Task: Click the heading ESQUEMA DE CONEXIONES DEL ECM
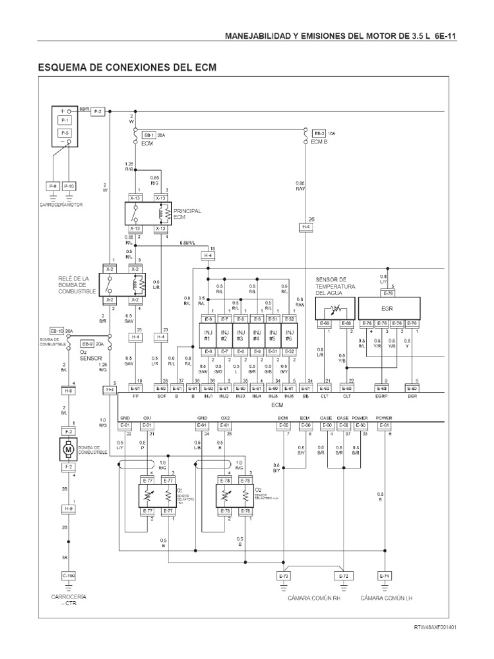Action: pyautogui.click(x=127, y=66)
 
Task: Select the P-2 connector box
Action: pyautogui.click(x=97, y=112)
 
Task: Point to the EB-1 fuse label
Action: pyautogui.click(x=149, y=135)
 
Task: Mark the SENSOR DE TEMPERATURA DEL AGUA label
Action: pyautogui.click(x=334, y=286)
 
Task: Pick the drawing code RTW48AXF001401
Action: pyautogui.click(x=435, y=626)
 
